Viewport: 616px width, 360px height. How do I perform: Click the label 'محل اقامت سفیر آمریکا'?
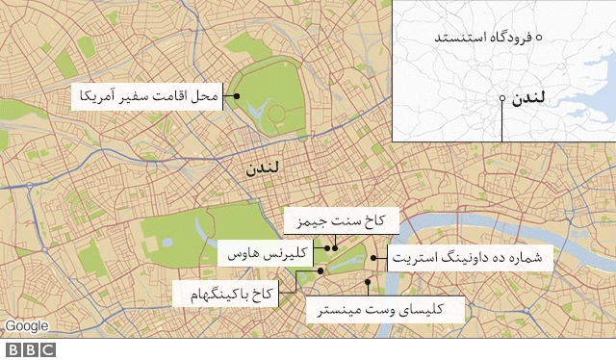tap(150, 96)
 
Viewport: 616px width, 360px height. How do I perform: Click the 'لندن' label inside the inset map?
tap(531, 99)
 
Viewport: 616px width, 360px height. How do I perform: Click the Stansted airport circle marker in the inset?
tap(539, 38)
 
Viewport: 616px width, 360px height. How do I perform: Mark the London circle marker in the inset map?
tap(502, 99)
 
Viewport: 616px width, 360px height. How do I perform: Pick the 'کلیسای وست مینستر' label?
tap(385, 308)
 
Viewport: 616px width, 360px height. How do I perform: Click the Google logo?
tap(26, 326)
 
